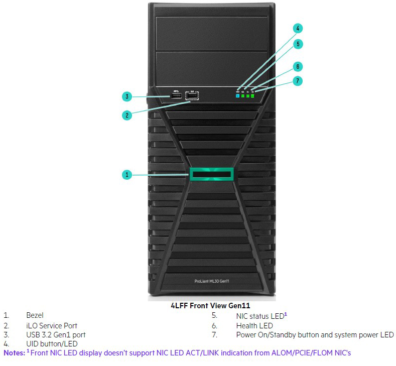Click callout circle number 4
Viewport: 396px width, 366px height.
(x=298, y=28)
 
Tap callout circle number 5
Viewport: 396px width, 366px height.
(x=298, y=44)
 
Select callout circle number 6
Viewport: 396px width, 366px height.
(x=298, y=67)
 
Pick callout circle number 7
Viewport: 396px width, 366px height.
(x=298, y=81)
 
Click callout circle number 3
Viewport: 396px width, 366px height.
(x=127, y=96)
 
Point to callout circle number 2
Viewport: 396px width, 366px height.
(x=127, y=115)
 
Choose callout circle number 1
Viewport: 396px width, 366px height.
(x=127, y=175)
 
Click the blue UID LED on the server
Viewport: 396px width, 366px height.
(x=237, y=96)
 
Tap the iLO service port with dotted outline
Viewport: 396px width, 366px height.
(x=192, y=96)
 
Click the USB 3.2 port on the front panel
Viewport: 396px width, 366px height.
(x=176, y=96)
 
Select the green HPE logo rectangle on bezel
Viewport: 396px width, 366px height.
(x=212, y=174)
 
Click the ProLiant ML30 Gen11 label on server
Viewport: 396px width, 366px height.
(x=212, y=281)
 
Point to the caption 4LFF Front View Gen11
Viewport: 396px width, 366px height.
(x=210, y=306)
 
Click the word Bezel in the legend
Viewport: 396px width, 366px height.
(x=35, y=315)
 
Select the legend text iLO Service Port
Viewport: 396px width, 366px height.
(x=52, y=326)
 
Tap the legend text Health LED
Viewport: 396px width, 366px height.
(x=254, y=326)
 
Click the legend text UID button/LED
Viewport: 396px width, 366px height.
(x=52, y=344)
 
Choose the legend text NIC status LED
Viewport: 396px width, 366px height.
(x=260, y=316)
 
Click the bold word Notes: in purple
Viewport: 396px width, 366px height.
(x=15, y=353)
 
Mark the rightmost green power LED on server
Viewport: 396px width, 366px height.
(x=252, y=96)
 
